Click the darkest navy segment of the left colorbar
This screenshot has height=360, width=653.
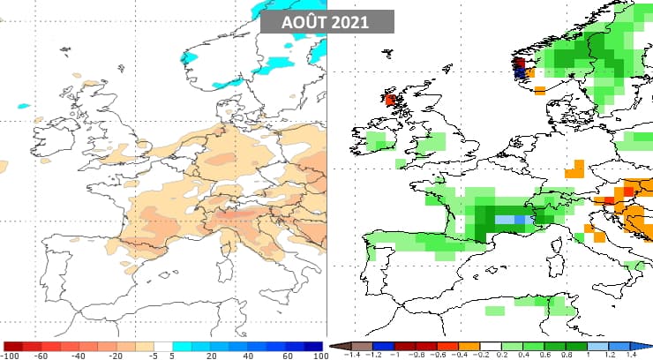click(311, 346)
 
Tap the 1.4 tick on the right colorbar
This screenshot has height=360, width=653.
click(631, 355)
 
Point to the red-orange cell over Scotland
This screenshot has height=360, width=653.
click(390, 100)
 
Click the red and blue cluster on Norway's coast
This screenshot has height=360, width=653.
click(521, 68)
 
